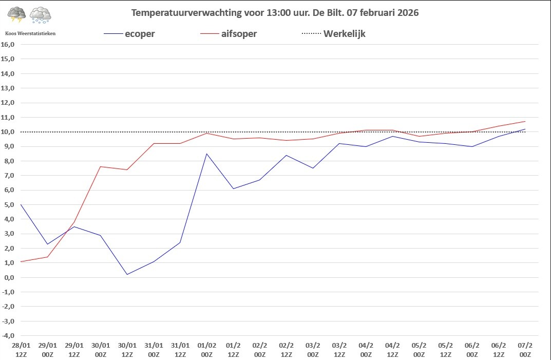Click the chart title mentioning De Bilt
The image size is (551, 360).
click(x=275, y=13)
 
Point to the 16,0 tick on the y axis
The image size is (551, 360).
click(x=8, y=44)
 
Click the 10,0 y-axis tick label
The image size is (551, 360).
click(x=8, y=132)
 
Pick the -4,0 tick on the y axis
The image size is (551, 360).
click(x=8, y=336)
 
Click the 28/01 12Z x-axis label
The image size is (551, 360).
click(x=21, y=350)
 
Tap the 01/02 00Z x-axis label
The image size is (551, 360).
click(x=207, y=350)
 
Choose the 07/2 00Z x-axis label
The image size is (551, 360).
click(x=525, y=350)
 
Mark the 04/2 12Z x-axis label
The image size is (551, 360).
click(x=392, y=350)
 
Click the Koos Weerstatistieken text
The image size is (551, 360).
click(x=30, y=33)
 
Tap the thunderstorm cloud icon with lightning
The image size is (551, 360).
click(x=16, y=14)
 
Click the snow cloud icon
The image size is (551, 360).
click(x=40, y=15)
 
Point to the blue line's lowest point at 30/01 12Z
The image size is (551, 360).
click(x=127, y=274)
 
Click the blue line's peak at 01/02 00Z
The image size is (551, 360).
click(x=207, y=154)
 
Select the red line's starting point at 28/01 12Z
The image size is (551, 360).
click(x=21, y=261)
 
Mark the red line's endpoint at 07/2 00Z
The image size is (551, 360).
click(x=525, y=121)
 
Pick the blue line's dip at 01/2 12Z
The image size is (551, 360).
click(x=233, y=188)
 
